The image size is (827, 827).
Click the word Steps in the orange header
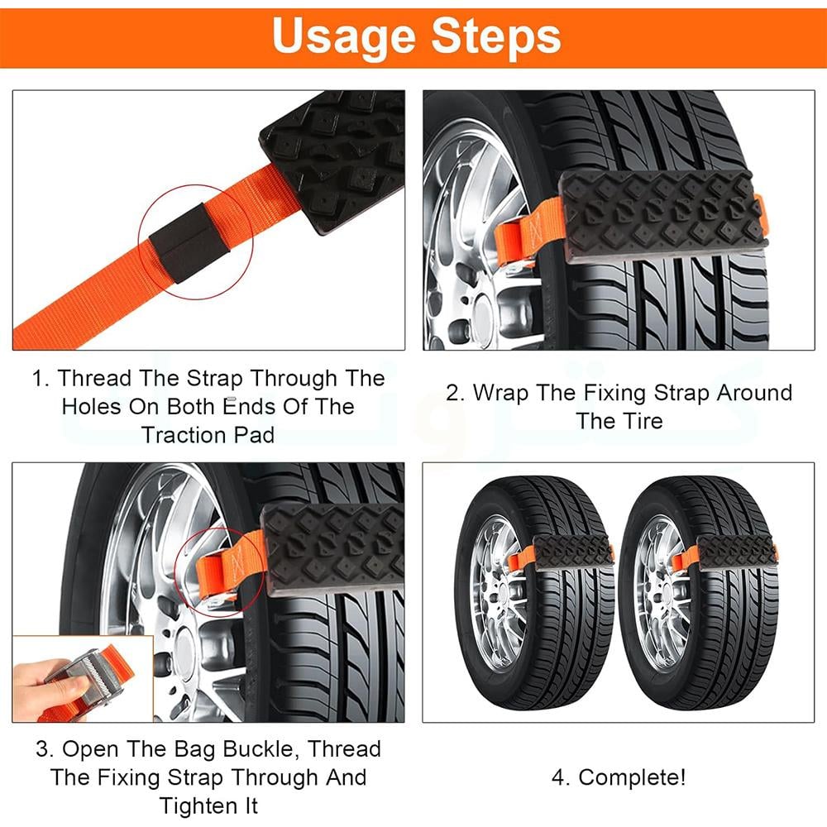coord(495,35)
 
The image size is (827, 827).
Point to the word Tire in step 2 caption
coord(642,422)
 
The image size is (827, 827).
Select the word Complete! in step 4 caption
coord(633,778)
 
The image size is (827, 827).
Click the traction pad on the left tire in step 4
coord(573,552)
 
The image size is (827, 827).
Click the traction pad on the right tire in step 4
coord(738,552)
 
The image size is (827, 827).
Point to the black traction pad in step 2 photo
coord(662,216)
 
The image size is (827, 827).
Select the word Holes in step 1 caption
coord(93,407)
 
